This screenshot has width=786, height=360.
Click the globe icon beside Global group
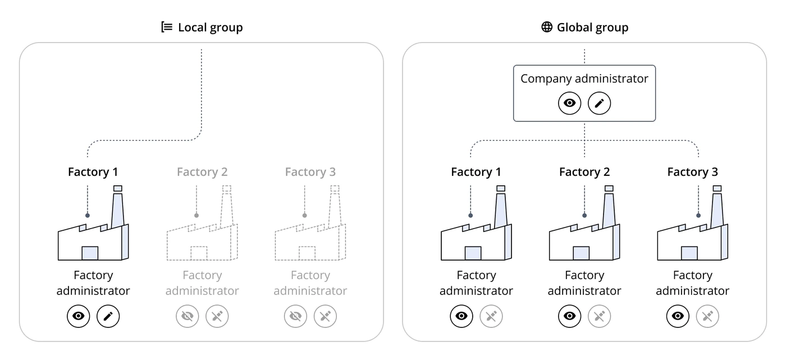click(x=547, y=27)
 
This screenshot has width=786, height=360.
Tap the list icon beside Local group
click(x=167, y=27)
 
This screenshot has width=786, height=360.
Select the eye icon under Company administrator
click(x=569, y=103)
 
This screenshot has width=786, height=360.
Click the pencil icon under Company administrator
click(x=600, y=103)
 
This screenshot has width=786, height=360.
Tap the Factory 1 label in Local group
click(x=93, y=172)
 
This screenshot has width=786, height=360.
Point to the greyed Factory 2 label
click(x=202, y=172)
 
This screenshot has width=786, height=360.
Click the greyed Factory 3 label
click(x=310, y=172)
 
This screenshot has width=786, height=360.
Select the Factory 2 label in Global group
click(x=584, y=172)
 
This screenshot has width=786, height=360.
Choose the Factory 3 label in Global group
click(x=692, y=172)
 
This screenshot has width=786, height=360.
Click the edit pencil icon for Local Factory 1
click(x=108, y=316)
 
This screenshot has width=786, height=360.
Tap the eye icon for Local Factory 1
click(x=78, y=316)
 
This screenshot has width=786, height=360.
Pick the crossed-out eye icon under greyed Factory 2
click(x=188, y=316)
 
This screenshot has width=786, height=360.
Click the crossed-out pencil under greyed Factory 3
click(x=325, y=316)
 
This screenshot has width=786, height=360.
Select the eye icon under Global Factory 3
click(x=678, y=316)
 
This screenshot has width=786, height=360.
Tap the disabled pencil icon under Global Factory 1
click(x=491, y=316)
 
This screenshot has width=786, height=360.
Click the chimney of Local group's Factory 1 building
click(x=117, y=207)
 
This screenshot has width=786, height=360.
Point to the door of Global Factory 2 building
click(x=581, y=253)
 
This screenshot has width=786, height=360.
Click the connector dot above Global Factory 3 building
click(x=698, y=216)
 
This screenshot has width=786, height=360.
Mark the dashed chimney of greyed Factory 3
click(x=335, y=207)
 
